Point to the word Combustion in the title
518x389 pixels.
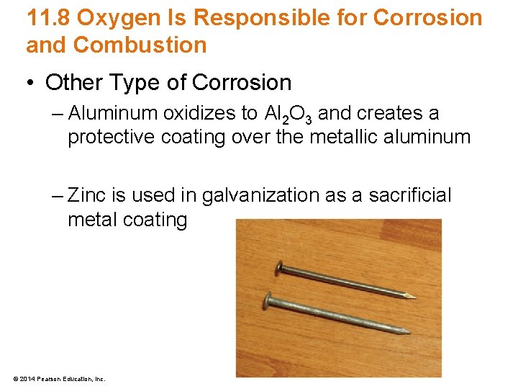pyautogui.click(x=140, y=45)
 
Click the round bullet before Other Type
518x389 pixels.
pyautogui.click(x=32, y=83)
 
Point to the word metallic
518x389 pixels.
pyautogui.click(x=343, y=138)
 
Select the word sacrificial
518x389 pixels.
pyautogui.click(x=410, y=195)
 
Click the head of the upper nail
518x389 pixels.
pyautogui.click(x=279, y=270)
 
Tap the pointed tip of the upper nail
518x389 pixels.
pyautogui.click(x=414, y=295)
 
